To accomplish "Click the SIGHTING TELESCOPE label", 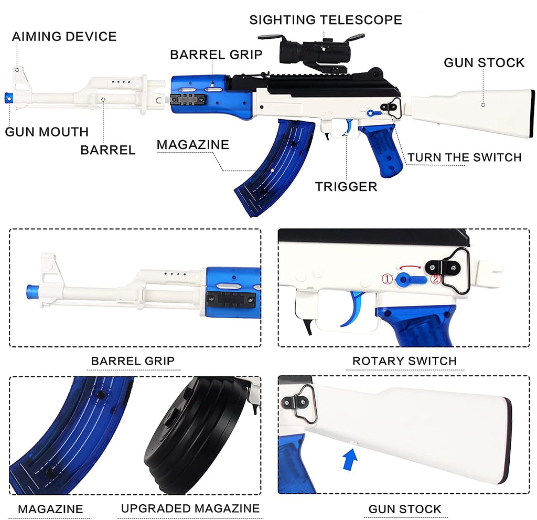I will pyautogui.click(x=325, y=20).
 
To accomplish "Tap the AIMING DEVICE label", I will pyautogui.click(x=64, y=36).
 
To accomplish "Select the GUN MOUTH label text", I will pyautogui.click(x=47, y=131).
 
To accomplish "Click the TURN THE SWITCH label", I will pyautogui.click(x=465, y=157).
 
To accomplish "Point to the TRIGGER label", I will pyautogui.click(x=346, y=186).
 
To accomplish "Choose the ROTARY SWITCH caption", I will pyautogui.click(x=404, y=361).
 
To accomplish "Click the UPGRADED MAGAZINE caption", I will pyautogui.click(x=190, y=508).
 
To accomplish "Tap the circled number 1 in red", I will pyautogui.click(x=386, y=279).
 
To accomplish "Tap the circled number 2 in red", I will pyautogui.click(x=436, y=279).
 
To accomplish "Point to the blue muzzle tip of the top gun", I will pyautogui.click(x=8, y=97).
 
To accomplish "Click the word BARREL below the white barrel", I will pyautogui.click(x=108, y=150).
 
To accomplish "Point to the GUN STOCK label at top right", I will pyautogui.click(x=484, y=62).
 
